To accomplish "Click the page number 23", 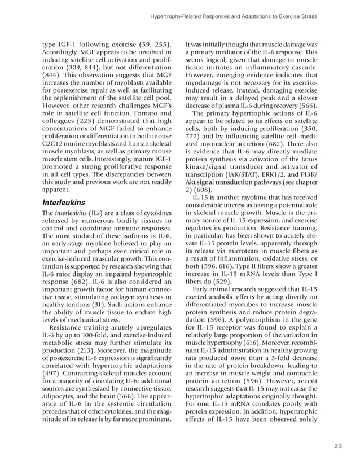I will pyautogui.click(x=338, y=446).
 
